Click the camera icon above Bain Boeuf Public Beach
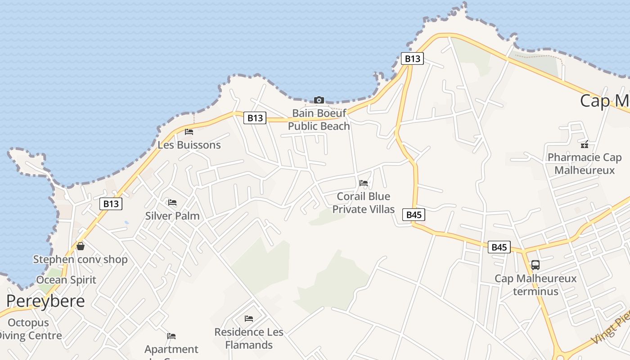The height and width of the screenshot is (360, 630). (319, 100)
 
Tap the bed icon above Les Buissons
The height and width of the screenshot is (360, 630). (189, 132)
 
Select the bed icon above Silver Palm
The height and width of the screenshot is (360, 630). (172, 202)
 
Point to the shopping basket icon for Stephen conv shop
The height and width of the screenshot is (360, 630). (81, 246)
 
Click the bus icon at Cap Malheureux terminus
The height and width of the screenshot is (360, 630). (535, 265)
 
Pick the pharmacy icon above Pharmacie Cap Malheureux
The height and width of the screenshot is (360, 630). (585, 144)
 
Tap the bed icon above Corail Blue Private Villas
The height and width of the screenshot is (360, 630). (364, 183)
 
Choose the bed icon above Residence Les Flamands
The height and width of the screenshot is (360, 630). (249, 319)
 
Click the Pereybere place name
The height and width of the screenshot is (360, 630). (45, 301)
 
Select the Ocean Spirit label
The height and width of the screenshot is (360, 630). (66, 280)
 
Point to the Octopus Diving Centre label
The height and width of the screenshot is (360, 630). (29, 329)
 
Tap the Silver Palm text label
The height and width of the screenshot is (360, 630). (172, 216)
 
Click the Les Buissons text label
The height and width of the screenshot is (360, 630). (189, 145)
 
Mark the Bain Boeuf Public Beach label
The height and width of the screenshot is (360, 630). (319, 120)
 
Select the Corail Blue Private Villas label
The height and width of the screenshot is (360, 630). (364, 203)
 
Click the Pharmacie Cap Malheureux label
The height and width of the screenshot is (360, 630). (585, 164)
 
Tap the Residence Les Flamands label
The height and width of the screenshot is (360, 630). (249, 338)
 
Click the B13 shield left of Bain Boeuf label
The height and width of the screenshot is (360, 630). (255, 118)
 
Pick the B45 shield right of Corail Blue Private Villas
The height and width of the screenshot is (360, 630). (414, 215)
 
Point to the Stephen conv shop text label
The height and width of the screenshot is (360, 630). (81, 260)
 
